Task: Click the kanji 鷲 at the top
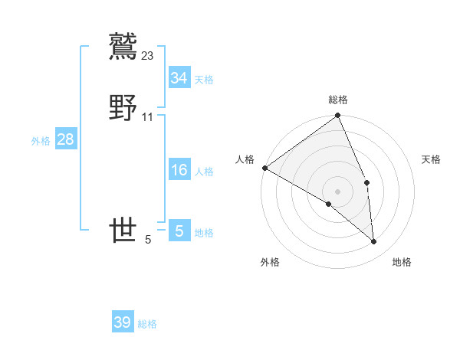(x=123, y=44)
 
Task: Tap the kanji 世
(x=123, y=231)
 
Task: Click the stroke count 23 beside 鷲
(x=148, y=55)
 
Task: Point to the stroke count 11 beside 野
(x=148, y=117)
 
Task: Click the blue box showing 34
(x=179, y=78)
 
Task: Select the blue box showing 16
(x=179, y=170)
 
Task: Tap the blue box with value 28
(x=65, y=139)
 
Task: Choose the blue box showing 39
(x=122, y=322)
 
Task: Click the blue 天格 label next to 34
(x=204, y=80)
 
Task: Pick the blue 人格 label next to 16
(x=204, y=172)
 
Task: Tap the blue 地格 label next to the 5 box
(x=204, y=233)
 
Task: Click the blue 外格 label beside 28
(x=41, y=141)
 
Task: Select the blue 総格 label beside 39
(x=147, y=324)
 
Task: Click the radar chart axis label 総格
(x=338, y=100)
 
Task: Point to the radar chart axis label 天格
(x=432, y=159)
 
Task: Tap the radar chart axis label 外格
(x=270, y=262)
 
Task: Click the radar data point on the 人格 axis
(x=264, y=168)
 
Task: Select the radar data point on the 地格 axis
(x=374, y=241)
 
